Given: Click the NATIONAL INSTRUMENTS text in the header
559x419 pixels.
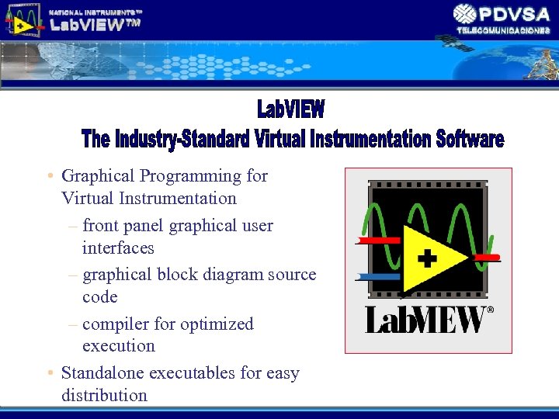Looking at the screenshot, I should click(x=95, y=12).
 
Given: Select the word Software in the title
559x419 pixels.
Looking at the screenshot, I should click(x=470, y=140).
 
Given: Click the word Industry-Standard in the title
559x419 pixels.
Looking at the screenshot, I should click(x=182, y=140).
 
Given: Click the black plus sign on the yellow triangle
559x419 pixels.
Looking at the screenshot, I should click(x=426, y=258).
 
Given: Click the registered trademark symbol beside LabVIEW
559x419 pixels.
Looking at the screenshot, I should click(x=489, y=310).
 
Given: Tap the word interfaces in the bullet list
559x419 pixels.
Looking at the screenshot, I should click(x=118, y=248).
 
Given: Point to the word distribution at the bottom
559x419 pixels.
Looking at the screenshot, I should click(x=104, y=395).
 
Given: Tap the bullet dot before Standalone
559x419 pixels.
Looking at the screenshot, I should click(x=48, y=373).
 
